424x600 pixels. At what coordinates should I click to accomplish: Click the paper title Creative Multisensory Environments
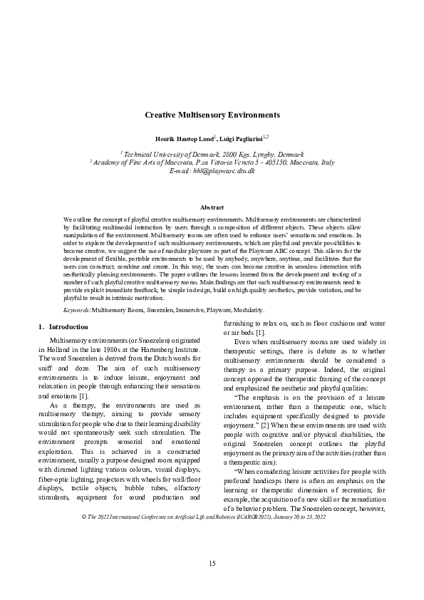(212, 115)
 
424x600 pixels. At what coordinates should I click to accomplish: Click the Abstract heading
(212, 206)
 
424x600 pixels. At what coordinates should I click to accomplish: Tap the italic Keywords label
(76, 310)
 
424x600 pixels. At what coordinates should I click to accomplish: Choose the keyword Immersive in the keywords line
(187, 310)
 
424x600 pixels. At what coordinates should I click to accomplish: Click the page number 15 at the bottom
(212, 564)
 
